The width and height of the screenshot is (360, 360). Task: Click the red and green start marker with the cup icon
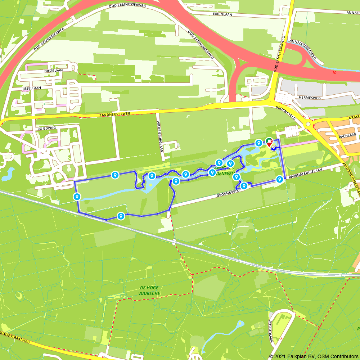[x=269, y=141]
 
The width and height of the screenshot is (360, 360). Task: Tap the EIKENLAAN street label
[x=222, y=14]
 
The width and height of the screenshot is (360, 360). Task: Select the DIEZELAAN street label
[x=54, y=71]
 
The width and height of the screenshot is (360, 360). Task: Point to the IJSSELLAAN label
[x=32, y=88]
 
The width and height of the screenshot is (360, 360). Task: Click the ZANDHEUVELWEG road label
[x=114, y=114]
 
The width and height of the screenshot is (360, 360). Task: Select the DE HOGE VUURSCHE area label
[x=149, y=291]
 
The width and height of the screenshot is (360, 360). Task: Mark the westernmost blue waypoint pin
[x=76, y=197]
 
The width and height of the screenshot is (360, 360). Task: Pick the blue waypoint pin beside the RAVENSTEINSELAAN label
[x=279, y=179]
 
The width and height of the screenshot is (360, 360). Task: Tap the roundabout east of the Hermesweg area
[x=308, y=124]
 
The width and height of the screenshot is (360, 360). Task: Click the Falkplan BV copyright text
[x=314, y=356]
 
